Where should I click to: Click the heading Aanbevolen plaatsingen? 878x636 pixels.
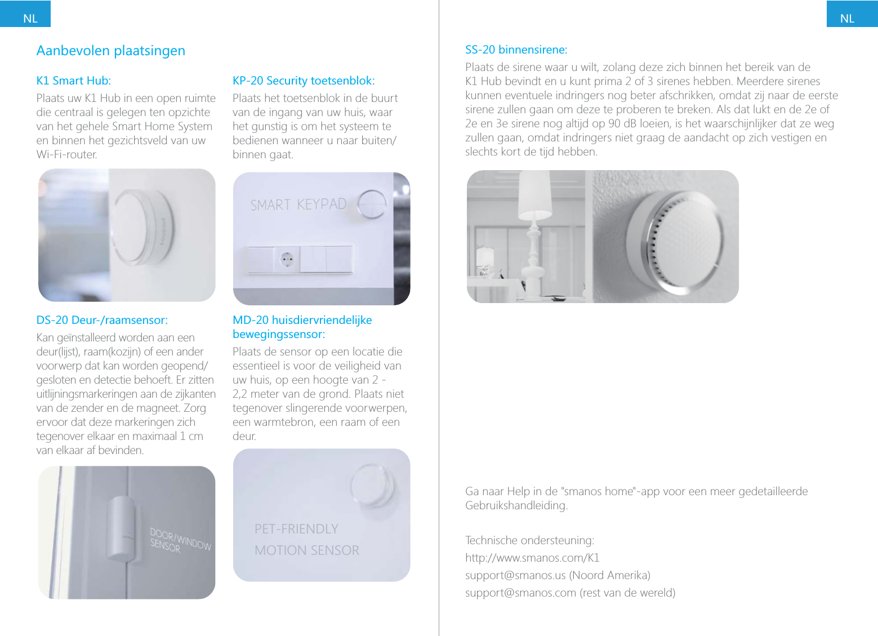[x=110, y=51]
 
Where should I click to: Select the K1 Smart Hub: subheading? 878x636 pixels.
[x=73, y=81]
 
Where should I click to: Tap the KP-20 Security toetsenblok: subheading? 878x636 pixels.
[x=304, y=81]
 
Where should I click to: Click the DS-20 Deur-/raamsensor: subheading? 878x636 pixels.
[x=102, y=320]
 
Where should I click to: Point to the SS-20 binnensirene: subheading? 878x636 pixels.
[x=516, y=50]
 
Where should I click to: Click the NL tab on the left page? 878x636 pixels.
[x=30, y=18]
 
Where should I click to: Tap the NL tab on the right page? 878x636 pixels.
[x=847, y=18]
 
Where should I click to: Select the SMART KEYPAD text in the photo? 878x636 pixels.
[x=298, y=204]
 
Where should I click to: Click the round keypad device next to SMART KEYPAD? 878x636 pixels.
[x=372, y=204]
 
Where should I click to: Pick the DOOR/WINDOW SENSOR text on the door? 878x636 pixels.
[x=180, y=540]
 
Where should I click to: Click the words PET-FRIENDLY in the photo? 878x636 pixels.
[x=296, y=529]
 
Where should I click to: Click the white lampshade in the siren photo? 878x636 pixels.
[x=534, y=195]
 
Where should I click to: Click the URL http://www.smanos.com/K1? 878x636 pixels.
[x=532, y=558]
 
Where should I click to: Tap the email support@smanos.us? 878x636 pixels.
[x=515, y=575]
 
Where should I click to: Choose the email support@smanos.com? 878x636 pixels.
[x=520, y=593]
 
